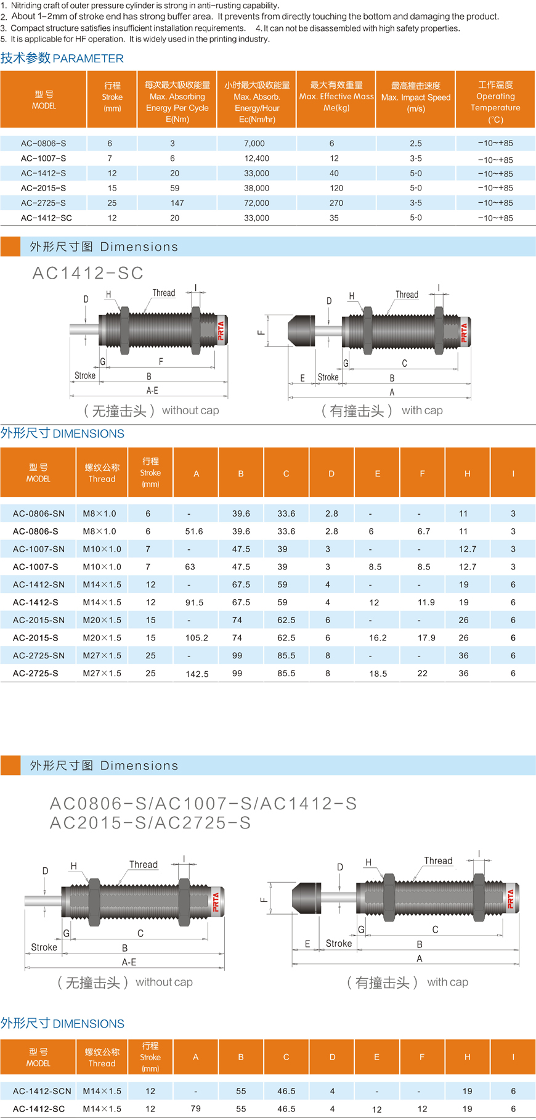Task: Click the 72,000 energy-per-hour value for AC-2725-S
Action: point(256,203)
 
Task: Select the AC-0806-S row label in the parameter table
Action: point(43,143)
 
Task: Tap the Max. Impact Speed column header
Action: point(416,97)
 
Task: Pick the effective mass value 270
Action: point(336,203)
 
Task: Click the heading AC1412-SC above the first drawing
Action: point(88,273)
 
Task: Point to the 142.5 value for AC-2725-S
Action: point(197,674)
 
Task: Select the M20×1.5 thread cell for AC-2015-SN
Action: point(102,620)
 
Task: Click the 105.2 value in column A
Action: point(197,638)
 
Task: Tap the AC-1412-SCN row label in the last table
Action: point(42,1091)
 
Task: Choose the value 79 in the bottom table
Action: point(196,1108)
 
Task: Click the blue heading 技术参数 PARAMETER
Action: point(62,58)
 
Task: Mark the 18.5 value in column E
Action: point(378,674)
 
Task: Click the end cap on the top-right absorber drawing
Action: point(301,330)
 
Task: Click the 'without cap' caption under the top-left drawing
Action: point(190,411)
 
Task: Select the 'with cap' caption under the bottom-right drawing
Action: point(447,983)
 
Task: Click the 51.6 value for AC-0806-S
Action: point(194,531)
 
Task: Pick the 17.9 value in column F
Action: point(426,638)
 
